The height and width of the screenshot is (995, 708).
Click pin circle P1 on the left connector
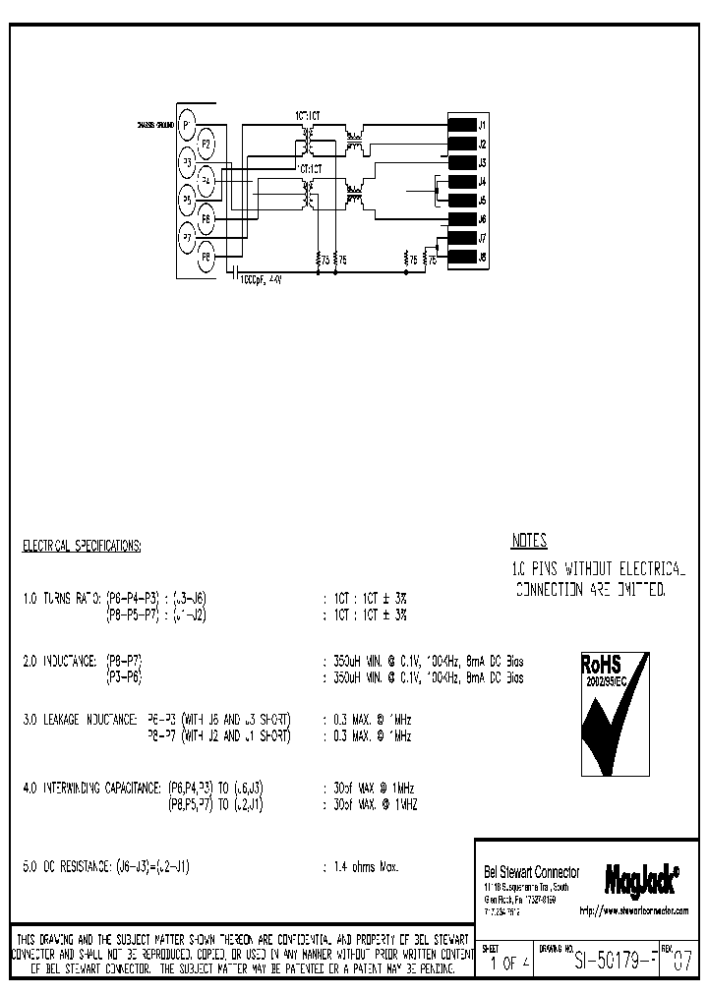coord(188,125)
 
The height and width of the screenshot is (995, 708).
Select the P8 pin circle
coord(206,258)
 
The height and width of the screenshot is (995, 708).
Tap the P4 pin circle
coord(206,181)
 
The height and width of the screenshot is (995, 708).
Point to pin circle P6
coord(206,219)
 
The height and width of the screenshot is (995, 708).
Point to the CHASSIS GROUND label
coord(156,126)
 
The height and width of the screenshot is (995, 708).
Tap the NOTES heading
coord(529,541)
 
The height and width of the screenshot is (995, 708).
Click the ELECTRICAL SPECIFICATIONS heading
coord(82,545)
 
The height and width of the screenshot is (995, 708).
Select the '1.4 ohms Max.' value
coord(365,867)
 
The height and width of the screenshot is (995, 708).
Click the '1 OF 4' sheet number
coord(510,964)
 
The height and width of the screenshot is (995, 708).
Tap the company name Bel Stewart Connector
coord(532,873)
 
